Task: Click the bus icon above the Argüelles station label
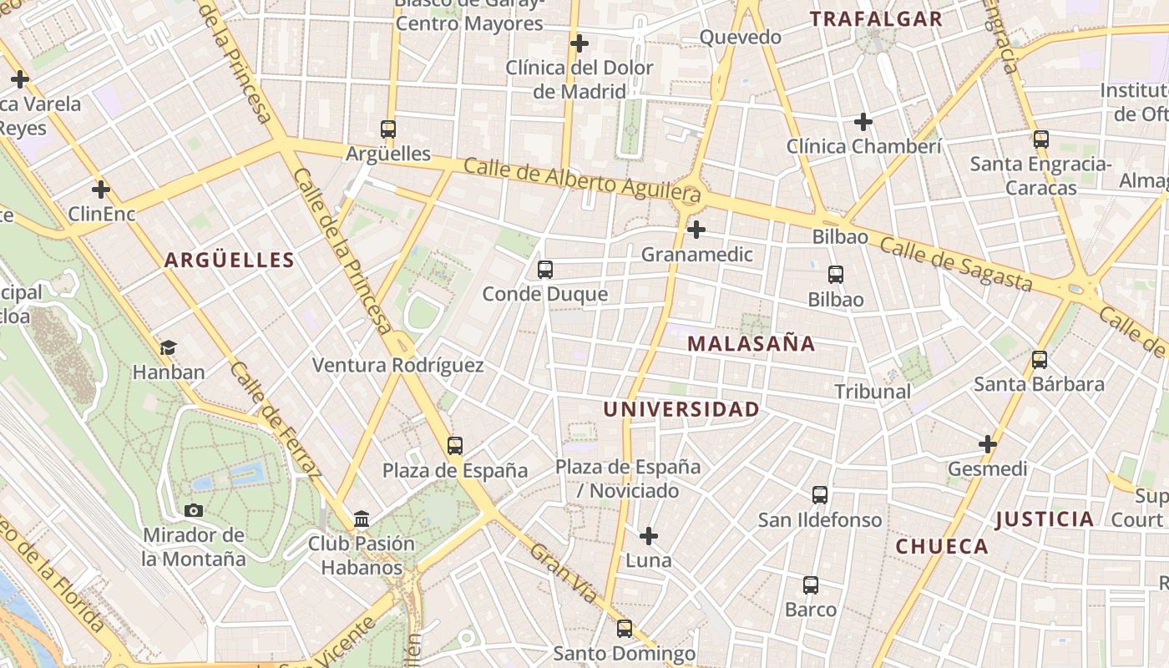tap(388, 129)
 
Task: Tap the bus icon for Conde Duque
tap(545, 270)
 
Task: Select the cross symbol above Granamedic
tap(696, 230)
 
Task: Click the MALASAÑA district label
tap(751, 343)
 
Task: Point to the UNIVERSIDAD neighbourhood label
tap(681, 409)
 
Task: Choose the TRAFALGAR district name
tap(876, 19)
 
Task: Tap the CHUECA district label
tap(942, 547)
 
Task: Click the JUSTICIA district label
tap(1045, 519)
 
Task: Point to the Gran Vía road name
tap(564, 574)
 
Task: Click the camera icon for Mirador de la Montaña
tap(194, 510)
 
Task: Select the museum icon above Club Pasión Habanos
tap(362, 519)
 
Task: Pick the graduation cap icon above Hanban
tap(169, 347)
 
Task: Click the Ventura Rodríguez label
tap(397, 365)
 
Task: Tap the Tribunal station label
tap(873, 391)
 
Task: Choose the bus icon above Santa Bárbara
tap(1040, 360)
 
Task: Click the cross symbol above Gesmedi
tap(988, 444)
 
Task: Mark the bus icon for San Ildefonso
tap(820, 495)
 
